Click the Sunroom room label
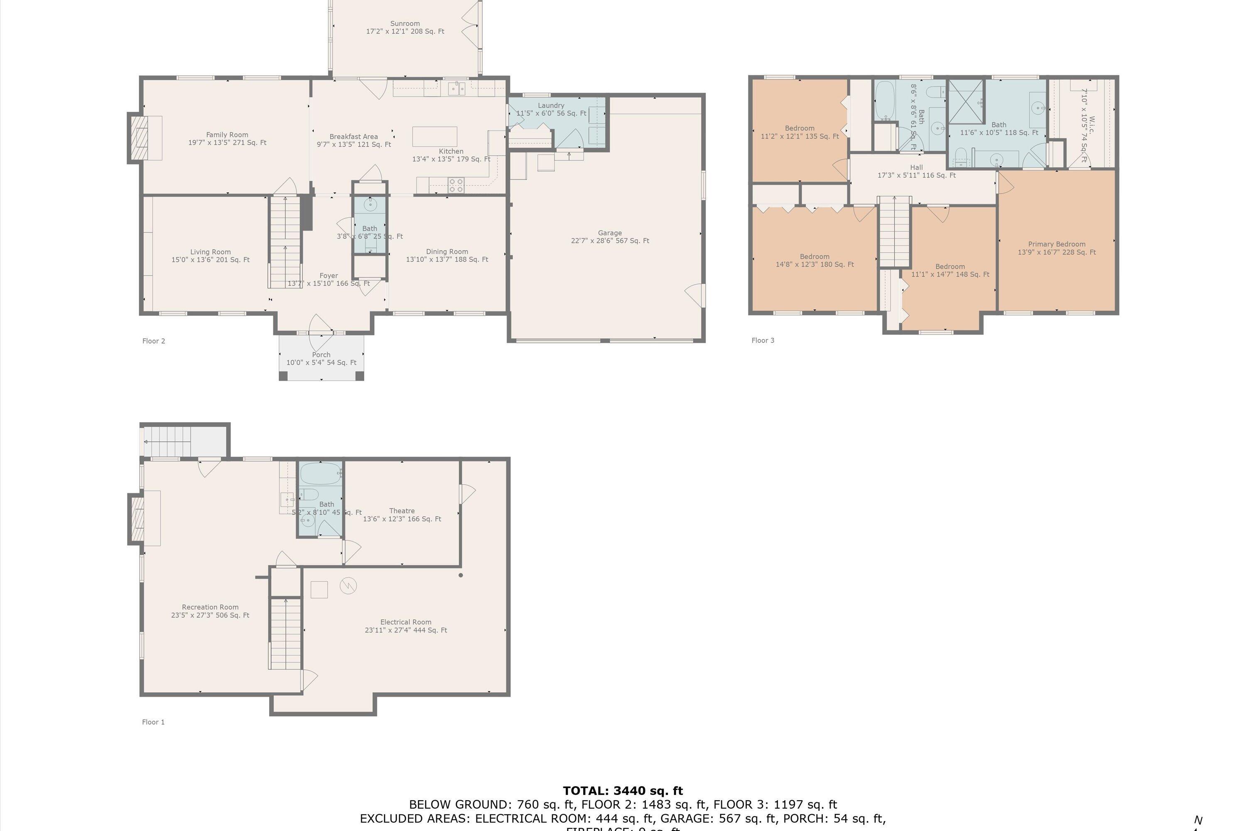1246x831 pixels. click(x=405, y=24)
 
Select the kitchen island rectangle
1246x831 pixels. click(x=434, y=136)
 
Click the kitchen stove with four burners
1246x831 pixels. click(x=456, y=185)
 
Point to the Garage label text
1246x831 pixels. click(x=610, y=233)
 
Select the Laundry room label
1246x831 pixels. click(x=551, y=106)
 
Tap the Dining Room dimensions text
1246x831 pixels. click(x=446, y=260)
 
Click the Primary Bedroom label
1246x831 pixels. click(x=1056, y=244)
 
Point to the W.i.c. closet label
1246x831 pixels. click(x=1091, y=125)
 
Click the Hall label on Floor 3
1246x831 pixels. click(x=916, y=167)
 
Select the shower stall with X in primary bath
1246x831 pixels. click(x=965, y=101)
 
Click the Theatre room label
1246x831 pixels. click(x=402, y=511)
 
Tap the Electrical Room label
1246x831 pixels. click(x=405, y=622)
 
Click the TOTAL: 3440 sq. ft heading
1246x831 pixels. click(x=623, y=791)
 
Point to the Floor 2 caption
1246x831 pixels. click(x=154, y=341)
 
